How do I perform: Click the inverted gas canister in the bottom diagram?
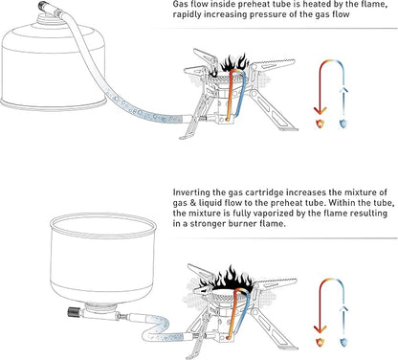(x=103, y=259)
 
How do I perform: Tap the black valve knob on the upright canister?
(x=42, y=6)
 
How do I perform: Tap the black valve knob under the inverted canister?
(x=73, y=312)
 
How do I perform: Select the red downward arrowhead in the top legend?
(x=321, y=111)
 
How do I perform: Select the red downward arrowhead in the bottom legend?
(x=321, y=329)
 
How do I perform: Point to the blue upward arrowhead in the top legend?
(x=343, y=90)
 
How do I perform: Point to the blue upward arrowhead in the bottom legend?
(x=343, y=309)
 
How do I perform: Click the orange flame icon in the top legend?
(x=320, y=124)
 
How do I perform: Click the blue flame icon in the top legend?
(x=343, y=124)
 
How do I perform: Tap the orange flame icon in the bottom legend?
(x=320, y=343)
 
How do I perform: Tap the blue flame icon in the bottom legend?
(x=343, y=343)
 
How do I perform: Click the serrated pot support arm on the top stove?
(x=275, y=66)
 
